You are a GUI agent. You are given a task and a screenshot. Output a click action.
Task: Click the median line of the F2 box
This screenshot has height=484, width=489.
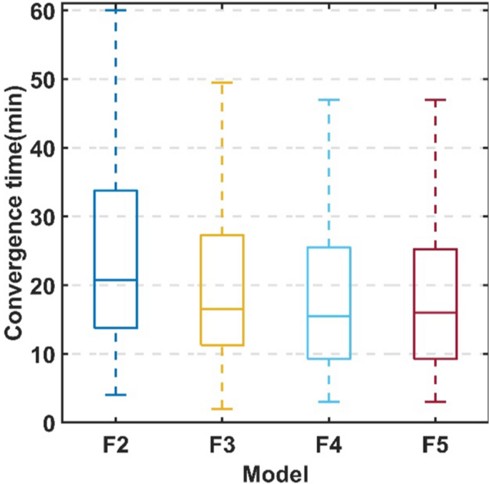[115, 280]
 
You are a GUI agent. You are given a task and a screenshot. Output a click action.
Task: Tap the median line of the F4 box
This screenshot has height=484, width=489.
[328, 316]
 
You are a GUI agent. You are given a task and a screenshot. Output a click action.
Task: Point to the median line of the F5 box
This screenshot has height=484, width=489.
[435, 312]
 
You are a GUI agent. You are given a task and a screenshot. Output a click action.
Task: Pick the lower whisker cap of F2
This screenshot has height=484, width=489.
[115, 395]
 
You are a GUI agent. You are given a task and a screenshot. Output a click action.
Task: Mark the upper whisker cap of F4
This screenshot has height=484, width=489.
[328, 100]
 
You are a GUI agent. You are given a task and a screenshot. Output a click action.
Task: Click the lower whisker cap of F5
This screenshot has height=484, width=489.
[435, 402]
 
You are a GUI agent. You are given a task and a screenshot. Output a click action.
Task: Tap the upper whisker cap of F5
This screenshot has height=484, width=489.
[435, 100]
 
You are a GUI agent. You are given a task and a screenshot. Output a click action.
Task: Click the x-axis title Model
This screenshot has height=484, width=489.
[275, 472]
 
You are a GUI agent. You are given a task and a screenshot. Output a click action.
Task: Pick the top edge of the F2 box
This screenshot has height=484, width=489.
[115, 191]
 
